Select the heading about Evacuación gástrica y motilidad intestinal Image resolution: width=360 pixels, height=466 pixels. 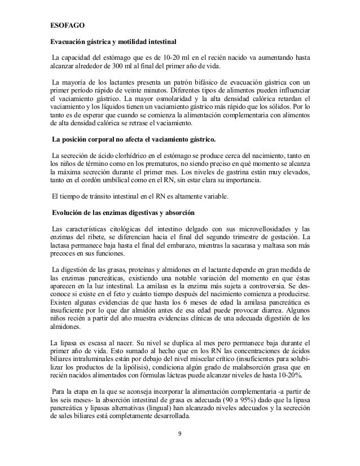pos(113,42)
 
